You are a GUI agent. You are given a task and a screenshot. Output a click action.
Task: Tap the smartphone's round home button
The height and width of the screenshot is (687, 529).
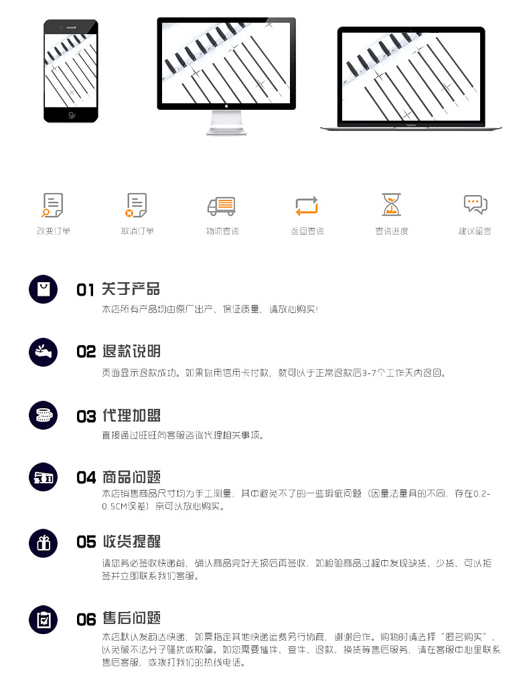tap(72, 115)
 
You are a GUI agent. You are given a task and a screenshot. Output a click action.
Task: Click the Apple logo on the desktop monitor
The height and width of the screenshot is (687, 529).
tap(226, 106)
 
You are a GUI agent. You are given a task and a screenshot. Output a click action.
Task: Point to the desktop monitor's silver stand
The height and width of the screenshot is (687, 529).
tap(226, 122)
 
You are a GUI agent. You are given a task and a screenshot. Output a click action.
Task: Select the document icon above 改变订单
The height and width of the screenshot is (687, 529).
tap(52, 205)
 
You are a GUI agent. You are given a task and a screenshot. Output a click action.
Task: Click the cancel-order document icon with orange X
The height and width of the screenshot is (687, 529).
tap(136, 205)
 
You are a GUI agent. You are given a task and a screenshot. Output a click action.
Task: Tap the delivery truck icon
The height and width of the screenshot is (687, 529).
tap(222, 206)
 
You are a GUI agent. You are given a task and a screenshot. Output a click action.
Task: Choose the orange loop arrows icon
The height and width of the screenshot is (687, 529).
tap(307, 206)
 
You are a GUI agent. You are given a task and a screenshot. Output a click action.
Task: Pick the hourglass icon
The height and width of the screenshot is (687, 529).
tap(391, 204)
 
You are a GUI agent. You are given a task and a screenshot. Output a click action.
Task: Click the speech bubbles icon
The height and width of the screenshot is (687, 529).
tap(475, 204)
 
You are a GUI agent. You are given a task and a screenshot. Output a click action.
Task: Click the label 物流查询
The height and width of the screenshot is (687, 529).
tap(222, 231)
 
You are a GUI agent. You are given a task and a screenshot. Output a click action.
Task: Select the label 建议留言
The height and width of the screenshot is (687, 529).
tap(475, 231)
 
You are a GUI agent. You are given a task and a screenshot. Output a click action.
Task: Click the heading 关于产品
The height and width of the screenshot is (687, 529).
tap(131, 289)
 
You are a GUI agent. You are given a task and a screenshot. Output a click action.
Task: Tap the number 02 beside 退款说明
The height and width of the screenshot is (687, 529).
tap(86, 352)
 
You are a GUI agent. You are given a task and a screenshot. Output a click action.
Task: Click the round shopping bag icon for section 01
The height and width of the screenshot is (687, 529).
tap(44, 289)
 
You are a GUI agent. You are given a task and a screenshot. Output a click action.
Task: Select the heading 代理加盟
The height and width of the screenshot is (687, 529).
tap(131, 416)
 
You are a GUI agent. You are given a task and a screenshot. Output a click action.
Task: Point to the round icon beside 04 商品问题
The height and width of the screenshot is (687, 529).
tap(44, 477)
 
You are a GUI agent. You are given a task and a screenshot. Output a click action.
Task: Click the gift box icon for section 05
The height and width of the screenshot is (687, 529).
tap(44, 544)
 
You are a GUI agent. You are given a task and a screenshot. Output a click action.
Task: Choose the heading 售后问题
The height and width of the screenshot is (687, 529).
tap(131, 618)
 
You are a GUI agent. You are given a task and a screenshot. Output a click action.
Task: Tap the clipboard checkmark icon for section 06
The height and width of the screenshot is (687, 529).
tap(44, 619)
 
